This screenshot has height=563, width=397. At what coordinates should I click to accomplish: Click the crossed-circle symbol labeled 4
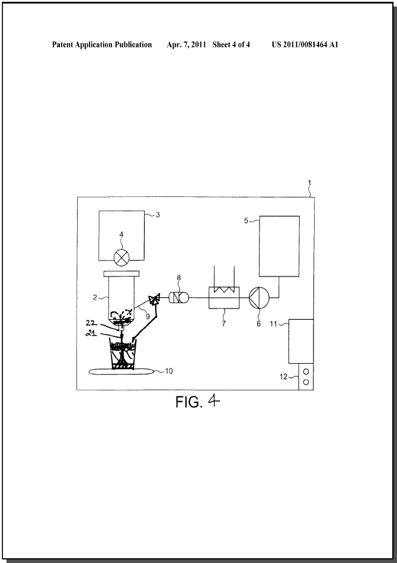tap(121, 257)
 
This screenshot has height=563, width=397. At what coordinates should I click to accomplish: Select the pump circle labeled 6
tap(259, 298)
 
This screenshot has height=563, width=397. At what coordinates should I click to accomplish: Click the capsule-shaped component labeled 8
tap(178, 298)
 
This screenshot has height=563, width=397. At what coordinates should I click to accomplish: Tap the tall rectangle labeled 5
tap(279, 246)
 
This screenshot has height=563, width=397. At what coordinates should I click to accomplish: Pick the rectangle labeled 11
tap(301, 341)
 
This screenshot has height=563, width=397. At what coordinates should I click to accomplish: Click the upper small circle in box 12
tap(306, 371)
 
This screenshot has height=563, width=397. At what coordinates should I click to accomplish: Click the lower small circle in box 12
tap(306, 383)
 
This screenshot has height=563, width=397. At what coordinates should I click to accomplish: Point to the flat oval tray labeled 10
tap(121, 371)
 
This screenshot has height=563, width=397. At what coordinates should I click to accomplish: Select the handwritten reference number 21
tap(91, 333)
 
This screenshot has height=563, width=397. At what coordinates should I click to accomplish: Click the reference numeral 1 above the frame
tap(309, 183)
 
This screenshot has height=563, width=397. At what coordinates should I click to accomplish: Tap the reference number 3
tap(158, 215)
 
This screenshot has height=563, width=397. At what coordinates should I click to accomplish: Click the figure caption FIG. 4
tap(197, 402)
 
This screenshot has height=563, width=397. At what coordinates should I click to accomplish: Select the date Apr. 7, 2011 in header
tap(186, 44)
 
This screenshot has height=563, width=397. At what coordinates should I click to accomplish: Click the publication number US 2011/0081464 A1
tap(305, 44)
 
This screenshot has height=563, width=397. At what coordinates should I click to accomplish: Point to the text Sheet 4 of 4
tap(231, 44)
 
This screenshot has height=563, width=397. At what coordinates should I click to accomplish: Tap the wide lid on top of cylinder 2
tap(121, 274)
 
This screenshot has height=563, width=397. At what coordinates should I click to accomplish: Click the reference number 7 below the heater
tap(224, 323)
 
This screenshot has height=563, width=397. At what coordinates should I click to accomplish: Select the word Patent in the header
tap(62, 44)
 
